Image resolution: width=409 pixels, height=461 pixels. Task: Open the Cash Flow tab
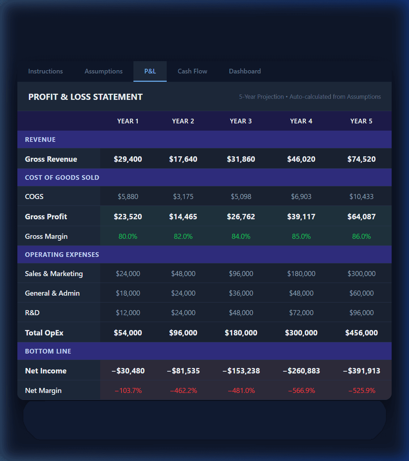tap(192, 71)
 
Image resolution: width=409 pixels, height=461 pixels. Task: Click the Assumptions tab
tap(103, 71)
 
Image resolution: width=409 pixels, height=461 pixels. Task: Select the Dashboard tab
tap(245, 71)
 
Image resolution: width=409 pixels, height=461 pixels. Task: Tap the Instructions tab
tap(46, 71)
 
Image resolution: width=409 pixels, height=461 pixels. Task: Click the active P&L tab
tap(150, 71)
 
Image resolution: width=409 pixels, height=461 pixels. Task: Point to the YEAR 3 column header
tap(241, 121)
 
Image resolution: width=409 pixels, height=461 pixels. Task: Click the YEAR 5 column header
tap(361, 121)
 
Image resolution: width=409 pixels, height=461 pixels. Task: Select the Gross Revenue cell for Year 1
tap(128, 159)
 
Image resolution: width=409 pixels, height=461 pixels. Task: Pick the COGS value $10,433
tap(361, 196)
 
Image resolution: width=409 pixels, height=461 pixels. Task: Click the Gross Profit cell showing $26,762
tap(241, 217)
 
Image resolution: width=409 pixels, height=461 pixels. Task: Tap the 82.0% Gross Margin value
tap(183, 236)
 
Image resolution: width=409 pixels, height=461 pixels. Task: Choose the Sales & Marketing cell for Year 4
tap(301, 274)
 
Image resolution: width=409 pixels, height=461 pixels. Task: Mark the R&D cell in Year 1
tap(128, 313)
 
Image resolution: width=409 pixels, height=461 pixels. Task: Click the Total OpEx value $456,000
tap(361, 333)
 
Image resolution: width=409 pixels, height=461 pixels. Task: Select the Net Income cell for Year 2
tap(183, 371)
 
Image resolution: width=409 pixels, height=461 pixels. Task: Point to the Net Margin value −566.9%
tap(301, 390)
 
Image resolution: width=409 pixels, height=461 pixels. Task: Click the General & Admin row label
tap(52, 293)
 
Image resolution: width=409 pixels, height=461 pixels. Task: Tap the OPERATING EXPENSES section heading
tap(62, 255)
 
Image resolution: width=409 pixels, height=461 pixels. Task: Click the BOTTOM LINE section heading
tap(48, 351)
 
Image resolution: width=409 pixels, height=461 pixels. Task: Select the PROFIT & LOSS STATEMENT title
tap(85, 97)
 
